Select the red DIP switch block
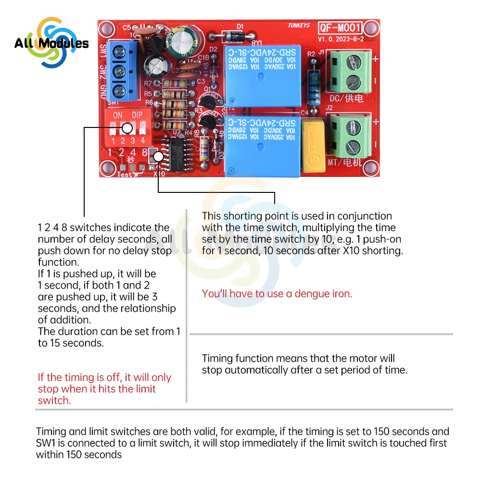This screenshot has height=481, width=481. point(127,126)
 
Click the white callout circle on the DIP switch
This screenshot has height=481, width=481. point(127,128)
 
